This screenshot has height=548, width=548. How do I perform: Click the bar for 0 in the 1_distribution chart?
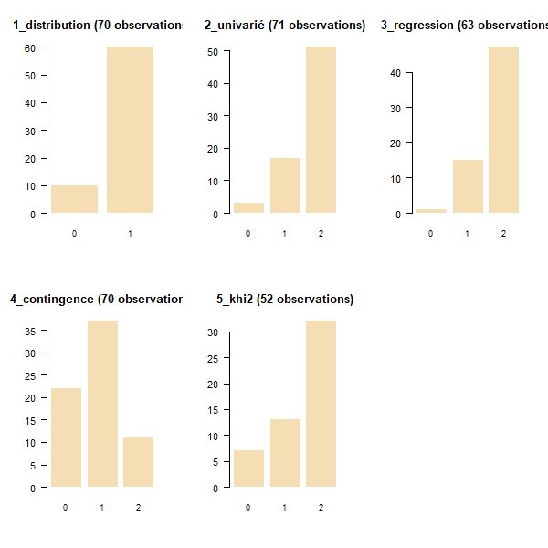pyautogui.click(x=74, y=199)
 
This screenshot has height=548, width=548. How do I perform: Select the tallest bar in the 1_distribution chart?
pyautogui.click(x=130, y=130)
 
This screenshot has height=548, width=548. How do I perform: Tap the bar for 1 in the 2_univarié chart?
pyautogui.click(x=285, y=185)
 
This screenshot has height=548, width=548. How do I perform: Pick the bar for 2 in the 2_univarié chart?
pyautogui.click(x=321, y=130)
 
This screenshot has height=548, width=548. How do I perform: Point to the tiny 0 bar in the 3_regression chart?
pyautogui.click(x=432, y=211)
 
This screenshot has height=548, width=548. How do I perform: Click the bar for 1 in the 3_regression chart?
pyautogui.click(x=469, y=186)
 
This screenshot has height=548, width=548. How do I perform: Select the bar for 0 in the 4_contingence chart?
pyautogui.click(x=66, y=437)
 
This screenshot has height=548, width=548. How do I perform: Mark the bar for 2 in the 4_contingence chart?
pyautogui.click(x=139, y=462)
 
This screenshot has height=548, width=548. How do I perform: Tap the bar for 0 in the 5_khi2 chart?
pyautogui.click(x=248, y=469)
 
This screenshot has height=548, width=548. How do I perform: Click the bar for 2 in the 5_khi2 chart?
pyautogui.click(x=321, y=404)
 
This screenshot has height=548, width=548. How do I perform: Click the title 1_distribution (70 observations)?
pyautogui.click(x=97, y=26)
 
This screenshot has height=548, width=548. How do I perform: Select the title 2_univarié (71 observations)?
pyautogui.click(x=285, y=26)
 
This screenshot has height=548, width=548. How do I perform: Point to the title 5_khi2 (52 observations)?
pyautogui.click(x=285, y=299)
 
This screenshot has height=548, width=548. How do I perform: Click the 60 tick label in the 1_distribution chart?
pyautogui.click(x=29, y=47)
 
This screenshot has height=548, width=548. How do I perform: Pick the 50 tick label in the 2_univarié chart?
pyautogui.click(x=212, y=52)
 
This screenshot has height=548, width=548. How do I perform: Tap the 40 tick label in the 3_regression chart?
pyautogui.click(x=395, y=73)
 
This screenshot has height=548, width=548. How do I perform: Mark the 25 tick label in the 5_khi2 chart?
pyautogui.click(x=212, y=358)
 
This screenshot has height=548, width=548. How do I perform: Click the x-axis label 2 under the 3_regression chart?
pyautogui.click(x=504, y=234)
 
